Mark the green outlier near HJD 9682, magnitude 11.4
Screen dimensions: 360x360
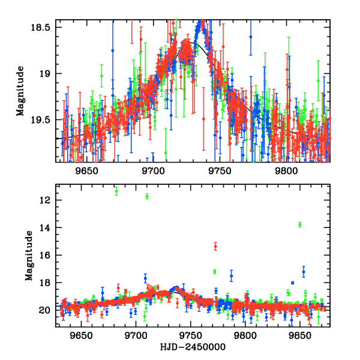click(116, 191)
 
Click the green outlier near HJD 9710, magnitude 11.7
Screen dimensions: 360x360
click(147, 196)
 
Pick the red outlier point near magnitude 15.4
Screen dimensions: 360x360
click(215, 246)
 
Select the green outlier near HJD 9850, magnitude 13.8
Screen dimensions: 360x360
click(299, 224)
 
